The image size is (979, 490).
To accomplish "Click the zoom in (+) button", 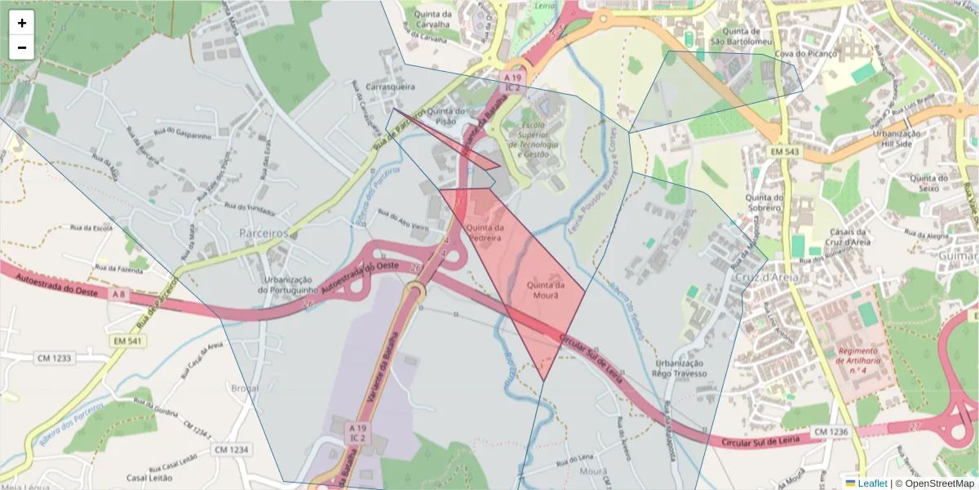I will coord(22,23).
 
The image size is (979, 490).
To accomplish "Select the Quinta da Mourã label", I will coord(546,290).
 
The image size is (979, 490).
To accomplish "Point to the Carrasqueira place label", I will coord(391,86).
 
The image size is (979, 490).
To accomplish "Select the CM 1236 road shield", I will coord(831,431).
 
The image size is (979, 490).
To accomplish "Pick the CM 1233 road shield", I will coord(54,357).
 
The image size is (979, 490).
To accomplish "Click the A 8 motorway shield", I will coord(119,294).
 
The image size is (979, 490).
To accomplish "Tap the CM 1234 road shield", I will coord(231,449).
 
